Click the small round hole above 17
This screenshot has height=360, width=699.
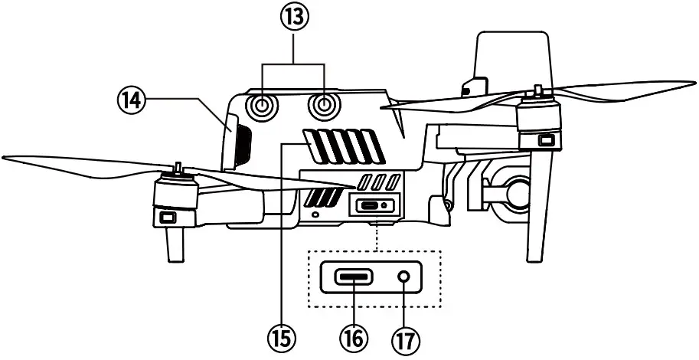(x=403, y=277)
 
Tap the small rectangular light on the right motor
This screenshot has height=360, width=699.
(x=547, y=140)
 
